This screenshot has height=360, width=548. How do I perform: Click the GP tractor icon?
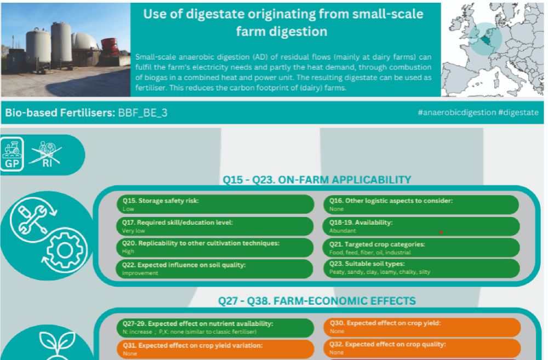tap(12, 154)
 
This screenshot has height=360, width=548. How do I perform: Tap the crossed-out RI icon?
tap(47, 154)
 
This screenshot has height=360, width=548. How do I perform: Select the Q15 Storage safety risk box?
tap(215, 204)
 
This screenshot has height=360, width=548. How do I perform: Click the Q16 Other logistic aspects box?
tap(420, 204)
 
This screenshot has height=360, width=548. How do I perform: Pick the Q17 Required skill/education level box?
tap(215, 226)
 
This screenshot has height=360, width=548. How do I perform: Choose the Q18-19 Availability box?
tap(421, 226)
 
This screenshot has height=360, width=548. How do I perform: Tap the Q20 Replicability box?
tap(215, 247)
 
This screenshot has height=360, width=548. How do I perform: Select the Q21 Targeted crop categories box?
tap(421, 248)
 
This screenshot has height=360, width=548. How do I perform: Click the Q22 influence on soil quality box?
tap(215, 269)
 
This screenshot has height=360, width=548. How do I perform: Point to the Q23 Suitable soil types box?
tap(421, 268)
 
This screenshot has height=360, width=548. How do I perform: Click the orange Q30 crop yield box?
tap(422, 327)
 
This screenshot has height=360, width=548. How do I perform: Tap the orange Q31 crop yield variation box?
tap(215, 349)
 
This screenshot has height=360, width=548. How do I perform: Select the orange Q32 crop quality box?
tap(422, 348)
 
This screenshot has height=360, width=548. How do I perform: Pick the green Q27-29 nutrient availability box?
tap(215, 328)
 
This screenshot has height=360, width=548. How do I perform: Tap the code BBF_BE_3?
tap(142, 113)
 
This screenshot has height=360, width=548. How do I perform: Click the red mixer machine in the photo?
tap(112, 49)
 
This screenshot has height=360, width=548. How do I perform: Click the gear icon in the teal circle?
tap(65, 250)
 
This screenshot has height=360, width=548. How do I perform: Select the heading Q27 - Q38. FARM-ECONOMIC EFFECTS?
tap(317, 301)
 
